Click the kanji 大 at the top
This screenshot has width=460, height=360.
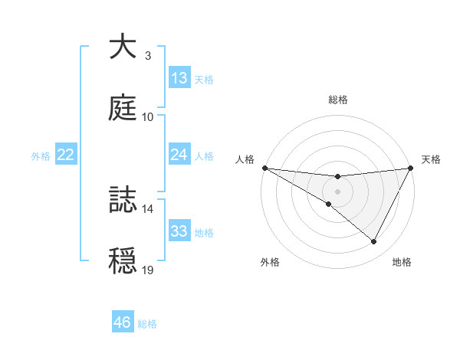[123, 47]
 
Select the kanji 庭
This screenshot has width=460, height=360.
[123, 108]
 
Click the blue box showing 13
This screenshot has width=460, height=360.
[179, 78]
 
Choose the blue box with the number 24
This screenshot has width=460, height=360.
[179, 155]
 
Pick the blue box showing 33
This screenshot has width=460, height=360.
[179, 231]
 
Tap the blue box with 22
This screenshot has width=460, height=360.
[66, 155]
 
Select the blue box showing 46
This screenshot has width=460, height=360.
[123, 322]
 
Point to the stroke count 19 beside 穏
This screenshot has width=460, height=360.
[148, 270]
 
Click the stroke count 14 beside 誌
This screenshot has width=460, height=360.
[148, 208]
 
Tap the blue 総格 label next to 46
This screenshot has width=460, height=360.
[147, 324]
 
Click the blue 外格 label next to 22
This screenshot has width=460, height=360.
[41, 156]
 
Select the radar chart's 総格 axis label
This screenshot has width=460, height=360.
[337, 100]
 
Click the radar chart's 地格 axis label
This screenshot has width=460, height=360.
[402, 262]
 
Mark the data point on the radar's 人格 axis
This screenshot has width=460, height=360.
[264, 167]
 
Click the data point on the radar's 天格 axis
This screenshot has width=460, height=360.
[410, 167]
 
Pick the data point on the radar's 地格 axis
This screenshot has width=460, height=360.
[374, 241]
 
